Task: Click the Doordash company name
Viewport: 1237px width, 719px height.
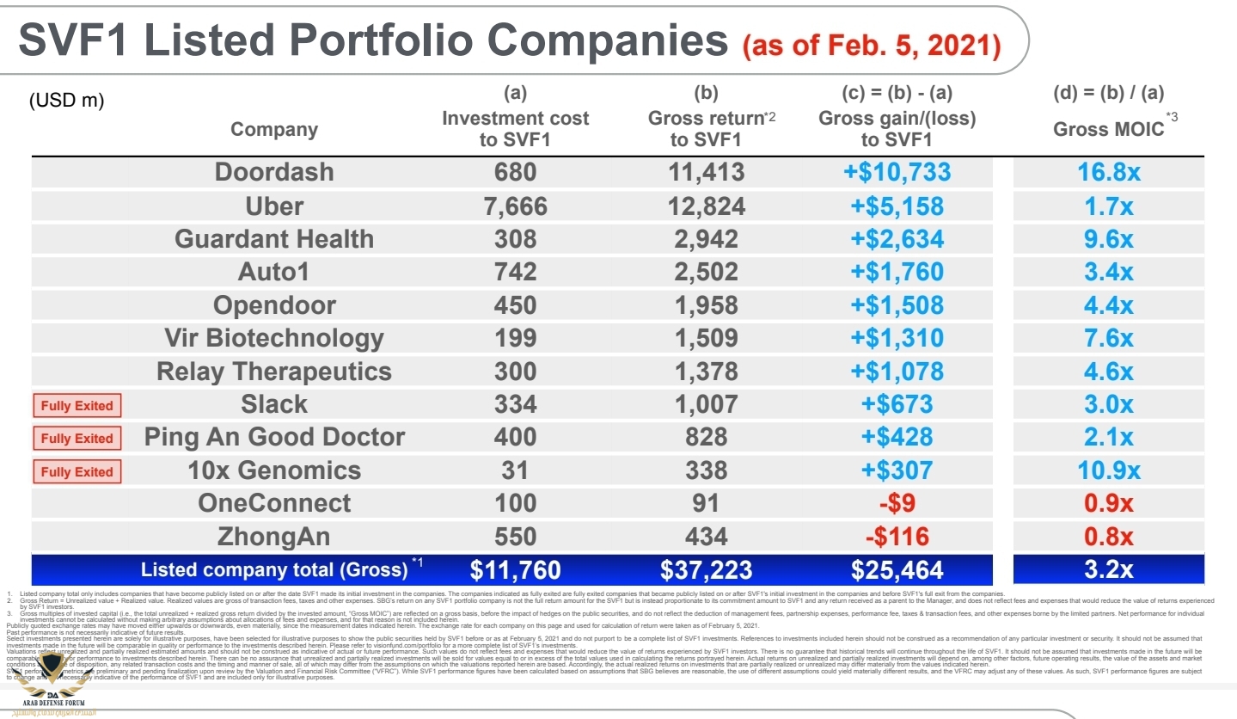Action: coord(274,172)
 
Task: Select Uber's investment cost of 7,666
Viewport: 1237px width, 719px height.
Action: coord(515,206)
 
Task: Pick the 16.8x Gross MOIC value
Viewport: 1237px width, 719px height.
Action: coord(1109,172)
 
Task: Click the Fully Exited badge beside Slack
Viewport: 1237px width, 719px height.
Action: coord(77,405)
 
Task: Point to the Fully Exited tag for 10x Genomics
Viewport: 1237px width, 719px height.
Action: coord(77,471)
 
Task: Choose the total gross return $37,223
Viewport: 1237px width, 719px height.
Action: coord(706,570)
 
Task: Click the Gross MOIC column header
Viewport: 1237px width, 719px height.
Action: coord(1109,129)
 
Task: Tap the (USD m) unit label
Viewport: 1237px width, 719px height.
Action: coord(66,101)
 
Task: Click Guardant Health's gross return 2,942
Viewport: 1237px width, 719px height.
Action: coord(706,239)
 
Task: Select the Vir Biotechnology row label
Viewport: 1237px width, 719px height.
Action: coord(274,338)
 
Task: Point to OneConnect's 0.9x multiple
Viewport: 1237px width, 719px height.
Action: coord(1109,504)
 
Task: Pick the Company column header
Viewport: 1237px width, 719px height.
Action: coord(274,130)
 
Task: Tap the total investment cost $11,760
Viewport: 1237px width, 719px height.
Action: coord(515,570)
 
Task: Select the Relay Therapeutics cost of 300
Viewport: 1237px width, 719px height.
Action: coord(515,372)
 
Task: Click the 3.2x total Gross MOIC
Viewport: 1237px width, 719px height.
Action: coord(1109,570)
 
